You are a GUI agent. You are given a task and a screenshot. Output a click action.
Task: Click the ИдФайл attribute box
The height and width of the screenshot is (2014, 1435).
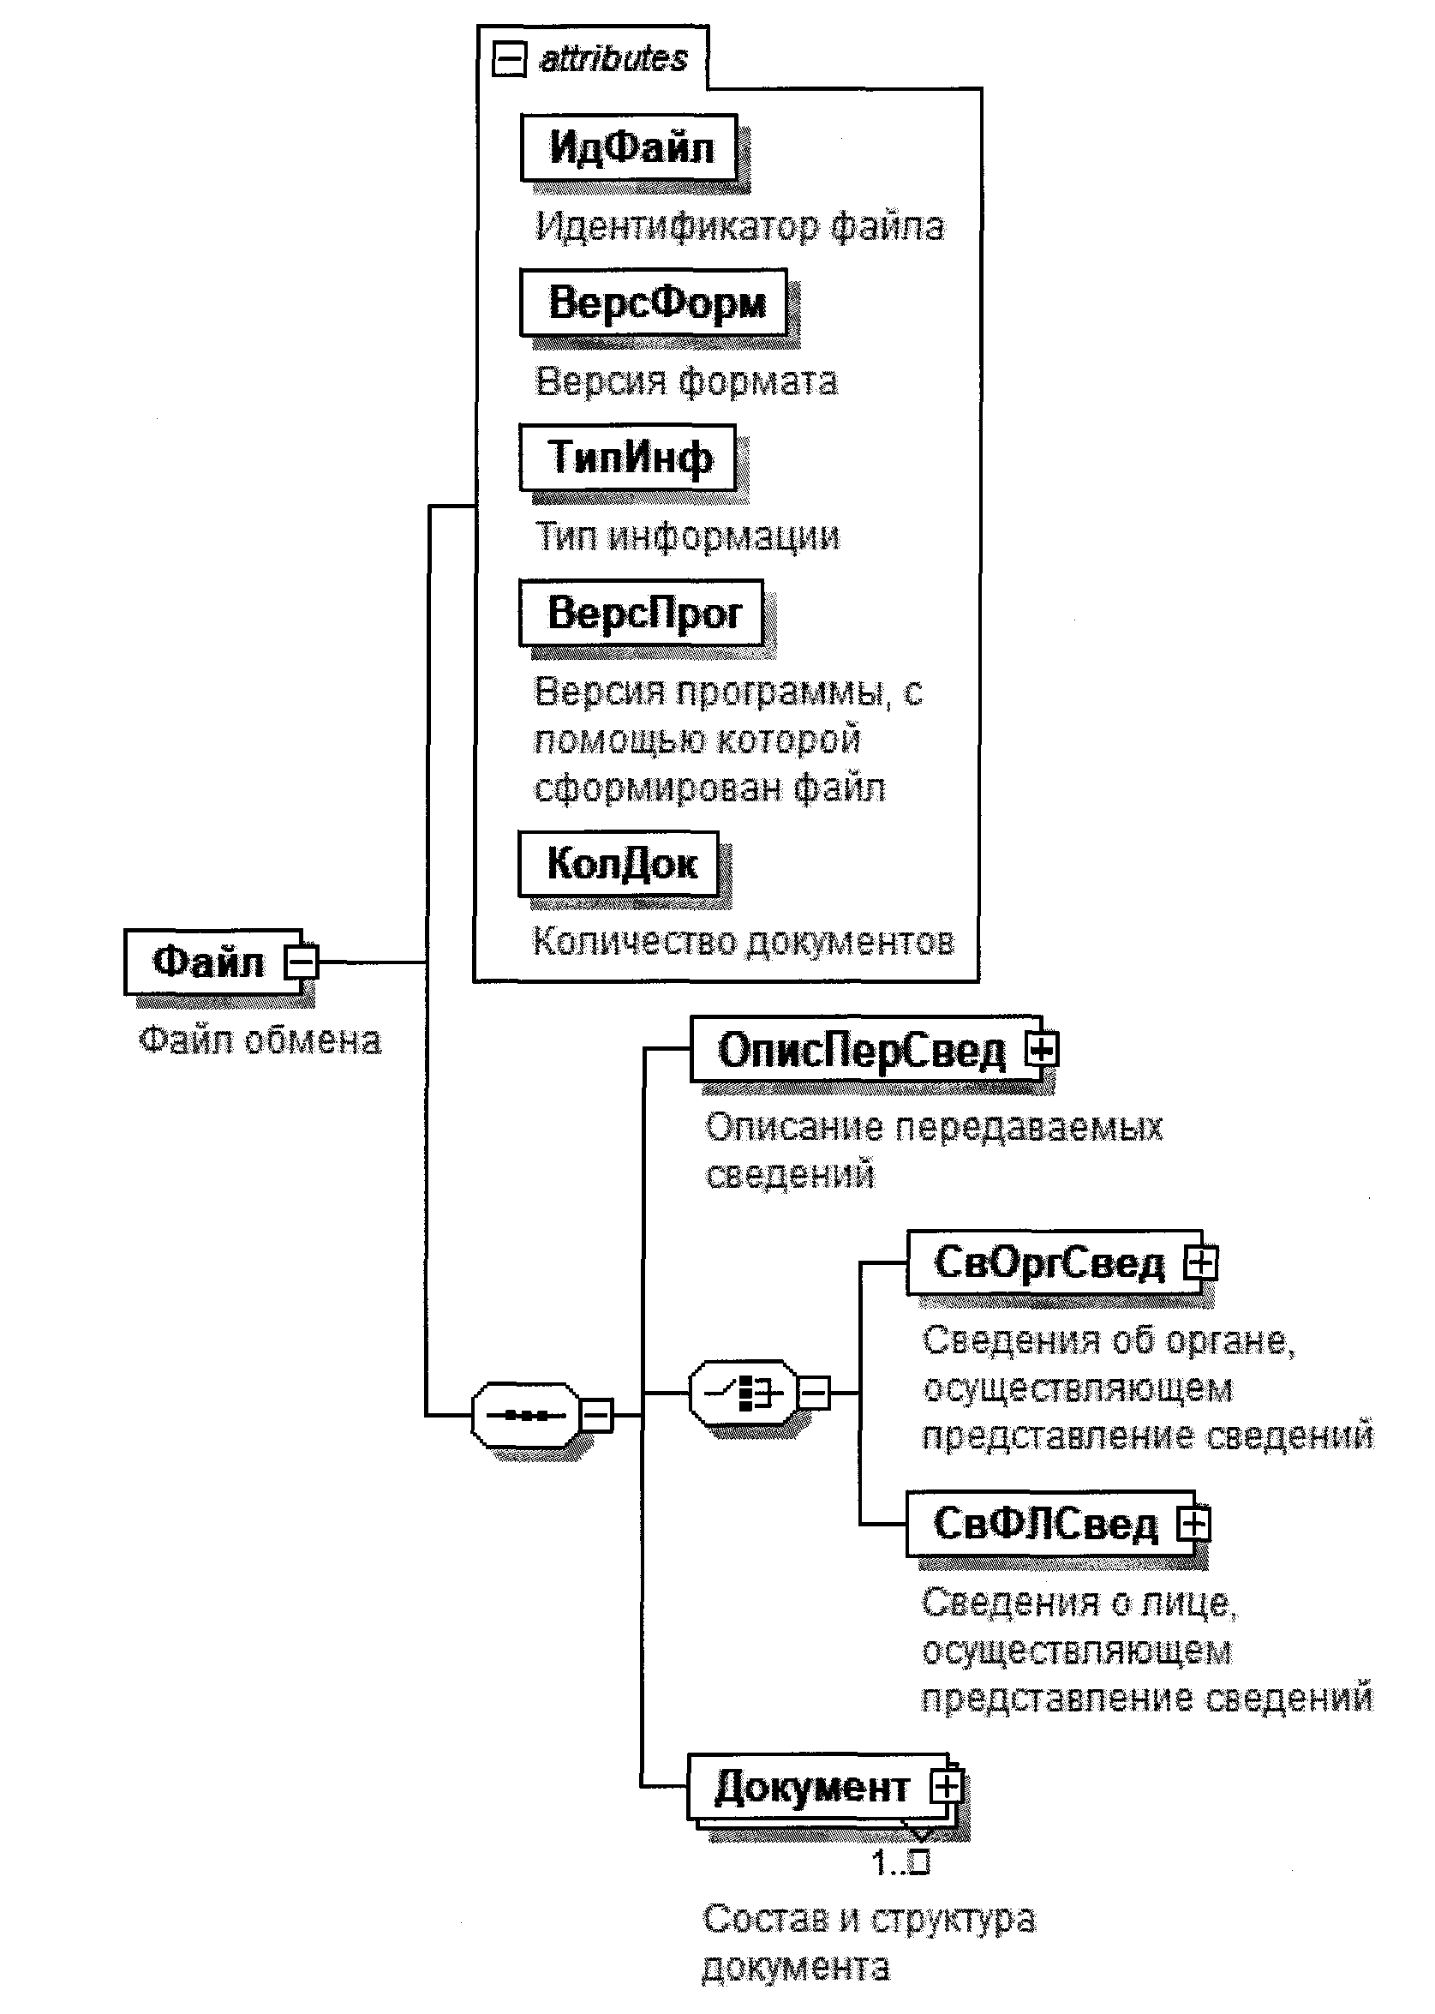click(629, 147)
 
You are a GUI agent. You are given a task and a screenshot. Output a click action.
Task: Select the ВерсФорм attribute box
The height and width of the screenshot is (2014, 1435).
click(654, 303)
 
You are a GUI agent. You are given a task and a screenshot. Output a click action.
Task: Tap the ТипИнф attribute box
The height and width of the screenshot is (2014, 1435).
click(628, 458)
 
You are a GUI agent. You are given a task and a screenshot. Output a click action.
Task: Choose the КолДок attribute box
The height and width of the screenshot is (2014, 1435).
click(619, 864)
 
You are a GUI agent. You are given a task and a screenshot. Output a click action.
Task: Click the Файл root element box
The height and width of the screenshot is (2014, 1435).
click(208, 962)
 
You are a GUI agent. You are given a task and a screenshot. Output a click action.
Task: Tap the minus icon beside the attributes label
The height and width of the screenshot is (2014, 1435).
click(509, 60)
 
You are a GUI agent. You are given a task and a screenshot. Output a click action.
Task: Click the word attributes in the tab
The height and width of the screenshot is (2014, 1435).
click(613, 59)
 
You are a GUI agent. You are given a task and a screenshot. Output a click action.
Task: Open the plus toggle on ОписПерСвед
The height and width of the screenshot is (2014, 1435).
click(1042, 1050)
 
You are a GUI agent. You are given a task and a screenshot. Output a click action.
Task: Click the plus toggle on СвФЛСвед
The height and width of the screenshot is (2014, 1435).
click(1193, 1524)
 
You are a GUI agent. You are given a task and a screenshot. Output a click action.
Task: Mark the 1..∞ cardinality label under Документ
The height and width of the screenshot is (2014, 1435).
click(900, 1863)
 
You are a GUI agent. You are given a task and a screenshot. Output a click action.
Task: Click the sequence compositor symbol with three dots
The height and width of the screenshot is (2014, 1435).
click(526, 1416)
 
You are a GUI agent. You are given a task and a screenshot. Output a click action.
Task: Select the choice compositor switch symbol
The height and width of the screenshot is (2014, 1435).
click(743, 1394)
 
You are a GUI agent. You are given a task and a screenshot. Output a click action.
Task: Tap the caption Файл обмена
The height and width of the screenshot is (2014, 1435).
click(260, 1040)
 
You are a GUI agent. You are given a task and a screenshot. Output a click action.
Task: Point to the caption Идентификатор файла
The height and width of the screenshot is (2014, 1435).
click(739, 226)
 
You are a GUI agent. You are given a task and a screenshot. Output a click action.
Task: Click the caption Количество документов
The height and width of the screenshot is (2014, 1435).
click(743, 942)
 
